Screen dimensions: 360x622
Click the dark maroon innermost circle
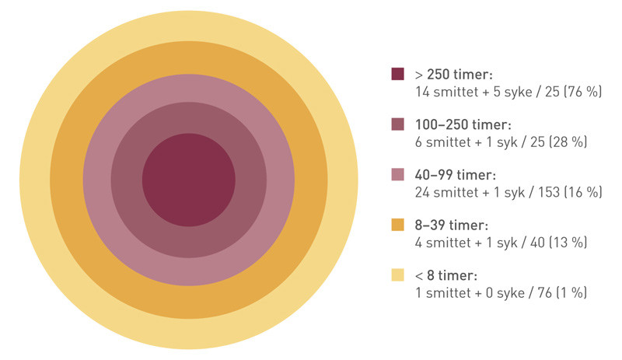tap(189, 180)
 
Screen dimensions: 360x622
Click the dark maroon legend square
tap(397, 74)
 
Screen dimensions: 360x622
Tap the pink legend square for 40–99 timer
tap(397, 175)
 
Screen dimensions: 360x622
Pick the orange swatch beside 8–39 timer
tap(397, 225)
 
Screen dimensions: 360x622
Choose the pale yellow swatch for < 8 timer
tap(397, 274)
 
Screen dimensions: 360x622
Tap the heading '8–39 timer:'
tap(452, 225)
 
